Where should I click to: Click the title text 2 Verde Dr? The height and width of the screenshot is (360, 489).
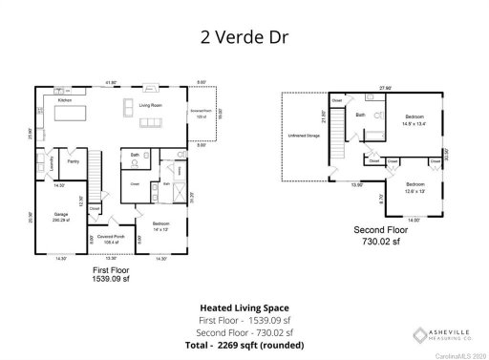244,39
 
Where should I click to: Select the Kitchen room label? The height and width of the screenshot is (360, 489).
65,99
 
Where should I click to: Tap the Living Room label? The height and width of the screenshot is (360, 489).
151,105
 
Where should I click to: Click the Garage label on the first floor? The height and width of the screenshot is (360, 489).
60,215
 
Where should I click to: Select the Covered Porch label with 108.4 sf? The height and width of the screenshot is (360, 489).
105,241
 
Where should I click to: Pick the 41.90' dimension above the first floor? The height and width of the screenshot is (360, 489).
111,83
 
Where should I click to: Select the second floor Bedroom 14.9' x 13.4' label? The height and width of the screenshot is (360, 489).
413,120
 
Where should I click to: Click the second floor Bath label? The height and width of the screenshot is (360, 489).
360,116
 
